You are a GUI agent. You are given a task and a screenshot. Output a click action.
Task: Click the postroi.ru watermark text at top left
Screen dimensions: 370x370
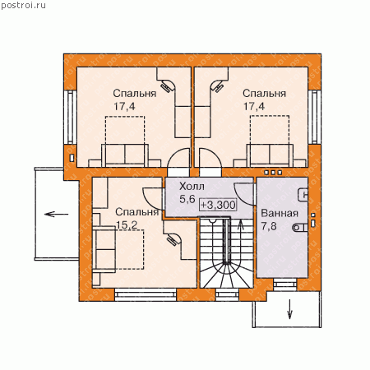(23, 6)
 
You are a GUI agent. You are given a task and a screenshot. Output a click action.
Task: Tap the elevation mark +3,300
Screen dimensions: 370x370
(218, 205)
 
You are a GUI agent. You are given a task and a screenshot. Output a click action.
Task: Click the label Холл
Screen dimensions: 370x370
(192, 187)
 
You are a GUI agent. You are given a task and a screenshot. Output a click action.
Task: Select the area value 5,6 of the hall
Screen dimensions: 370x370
(187, 199)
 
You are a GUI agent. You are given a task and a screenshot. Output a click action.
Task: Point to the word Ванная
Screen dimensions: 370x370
(280, 213)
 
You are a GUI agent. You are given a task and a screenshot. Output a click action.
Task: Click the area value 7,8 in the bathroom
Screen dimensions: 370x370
(269, 226)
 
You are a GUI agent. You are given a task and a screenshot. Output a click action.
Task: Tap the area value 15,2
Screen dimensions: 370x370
(127, 225)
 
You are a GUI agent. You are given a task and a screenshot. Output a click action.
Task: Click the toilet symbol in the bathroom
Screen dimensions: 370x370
(300, 228)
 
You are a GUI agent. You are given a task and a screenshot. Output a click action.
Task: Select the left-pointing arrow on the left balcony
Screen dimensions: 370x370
(57, 214)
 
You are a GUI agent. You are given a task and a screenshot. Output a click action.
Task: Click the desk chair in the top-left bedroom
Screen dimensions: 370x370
(167, 86)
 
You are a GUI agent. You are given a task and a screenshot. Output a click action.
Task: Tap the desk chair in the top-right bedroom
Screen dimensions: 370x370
(218, 86)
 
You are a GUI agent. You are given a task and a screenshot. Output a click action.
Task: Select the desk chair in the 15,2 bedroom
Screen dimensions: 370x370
(173, 239)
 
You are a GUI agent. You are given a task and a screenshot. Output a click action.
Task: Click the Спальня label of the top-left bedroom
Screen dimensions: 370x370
(135, 94)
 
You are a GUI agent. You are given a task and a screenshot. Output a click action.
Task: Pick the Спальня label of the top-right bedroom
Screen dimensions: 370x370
(264, 94)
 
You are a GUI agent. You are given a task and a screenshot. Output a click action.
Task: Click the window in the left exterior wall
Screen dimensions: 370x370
(71, 117)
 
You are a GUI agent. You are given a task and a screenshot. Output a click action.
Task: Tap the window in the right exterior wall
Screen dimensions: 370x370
(314, 117)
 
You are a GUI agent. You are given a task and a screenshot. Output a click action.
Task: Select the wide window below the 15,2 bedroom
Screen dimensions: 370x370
(146, 294)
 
